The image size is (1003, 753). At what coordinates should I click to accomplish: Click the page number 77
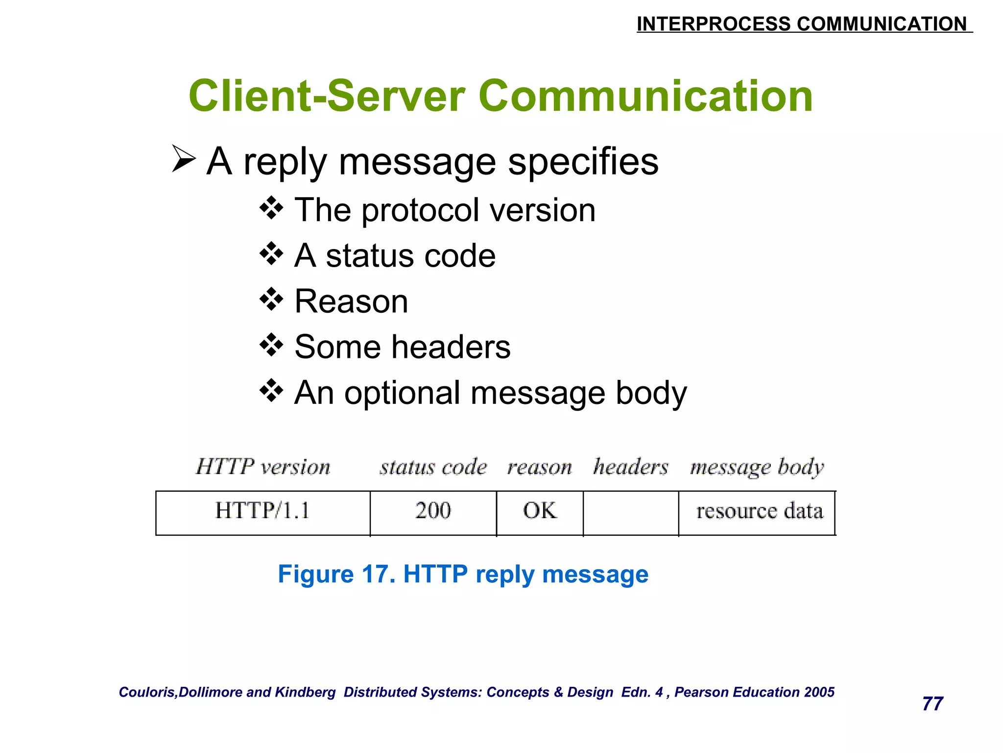[x=932, y=704]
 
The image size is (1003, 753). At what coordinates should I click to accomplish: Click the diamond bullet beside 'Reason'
[x=271, y=300]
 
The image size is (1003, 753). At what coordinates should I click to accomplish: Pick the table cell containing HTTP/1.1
[x=263, y=512]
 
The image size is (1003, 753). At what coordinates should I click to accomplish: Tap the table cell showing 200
[x=433, y=512]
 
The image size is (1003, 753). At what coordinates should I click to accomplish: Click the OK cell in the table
[x=540, y=512]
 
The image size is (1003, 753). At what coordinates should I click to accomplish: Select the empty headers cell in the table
[x=631, y=512]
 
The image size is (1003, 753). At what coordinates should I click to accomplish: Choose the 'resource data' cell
[x=757, y=512]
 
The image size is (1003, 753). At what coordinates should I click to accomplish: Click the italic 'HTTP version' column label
[x=263, y=467]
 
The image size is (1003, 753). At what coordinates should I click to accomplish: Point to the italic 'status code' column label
[x=433, y=467]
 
